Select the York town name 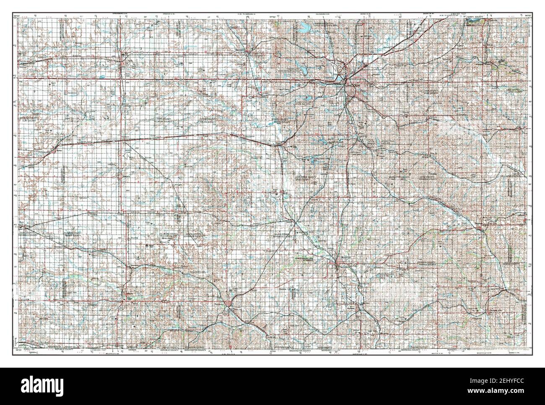click(122, 60)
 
